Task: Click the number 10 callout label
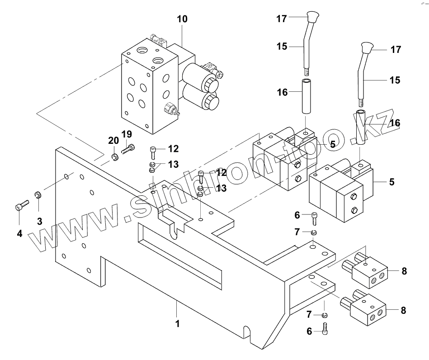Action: coord(182,19)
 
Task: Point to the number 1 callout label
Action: coord(178,324)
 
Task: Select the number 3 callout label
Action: coord(39,221)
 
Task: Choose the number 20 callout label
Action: coord(113,141)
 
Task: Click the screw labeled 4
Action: coord(19,206)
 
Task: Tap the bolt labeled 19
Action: coord(128,147)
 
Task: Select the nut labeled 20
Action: coord(114,157)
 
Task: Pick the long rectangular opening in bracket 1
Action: coord(181,256)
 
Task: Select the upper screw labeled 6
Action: coord(315,218)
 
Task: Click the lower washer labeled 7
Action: coord(325,315)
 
